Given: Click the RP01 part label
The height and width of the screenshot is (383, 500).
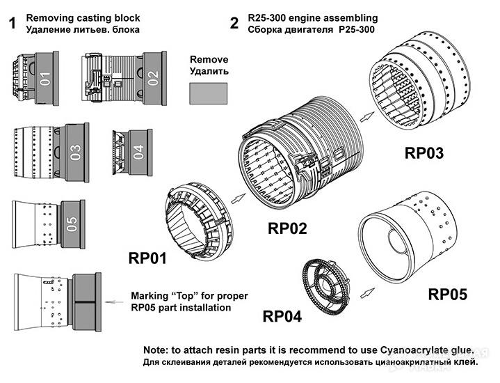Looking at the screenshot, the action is (147, 258).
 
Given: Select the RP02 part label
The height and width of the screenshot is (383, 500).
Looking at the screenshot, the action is (287, 228).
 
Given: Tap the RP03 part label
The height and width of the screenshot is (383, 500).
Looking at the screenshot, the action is (424, 153).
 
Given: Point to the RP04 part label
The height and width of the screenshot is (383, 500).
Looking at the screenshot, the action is (282, 317).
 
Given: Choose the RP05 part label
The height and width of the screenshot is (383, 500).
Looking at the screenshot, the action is (447, 294).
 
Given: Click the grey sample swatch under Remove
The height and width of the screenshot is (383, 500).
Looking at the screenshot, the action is (208, 93).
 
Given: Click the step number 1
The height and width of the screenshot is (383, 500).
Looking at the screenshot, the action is (12, 23).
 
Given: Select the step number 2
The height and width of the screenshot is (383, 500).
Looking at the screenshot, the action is (234, 23).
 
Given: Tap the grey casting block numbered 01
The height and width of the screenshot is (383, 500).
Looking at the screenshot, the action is (47, 78).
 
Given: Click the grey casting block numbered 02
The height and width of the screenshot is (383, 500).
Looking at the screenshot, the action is (154, 78).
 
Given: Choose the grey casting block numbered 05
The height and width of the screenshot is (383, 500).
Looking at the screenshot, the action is (73, 224).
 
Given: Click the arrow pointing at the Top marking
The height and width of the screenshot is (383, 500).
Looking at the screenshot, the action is (114, 302).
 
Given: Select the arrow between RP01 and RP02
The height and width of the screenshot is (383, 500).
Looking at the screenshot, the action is (239, 198).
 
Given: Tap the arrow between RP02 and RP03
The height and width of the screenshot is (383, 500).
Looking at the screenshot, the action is (367, 116).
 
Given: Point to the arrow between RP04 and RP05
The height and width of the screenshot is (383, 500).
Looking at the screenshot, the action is (367, 292).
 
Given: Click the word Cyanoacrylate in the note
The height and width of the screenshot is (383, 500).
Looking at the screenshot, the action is (412, 350).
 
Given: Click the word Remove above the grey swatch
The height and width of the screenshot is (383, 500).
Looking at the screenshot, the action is (209, 59).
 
